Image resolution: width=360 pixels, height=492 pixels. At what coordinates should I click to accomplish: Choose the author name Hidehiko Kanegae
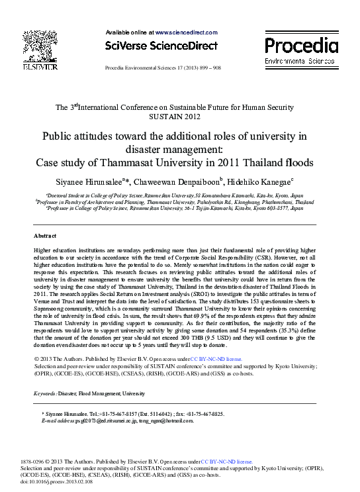click(263, 181)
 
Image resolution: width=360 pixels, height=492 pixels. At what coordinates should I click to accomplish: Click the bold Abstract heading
click(46, 236)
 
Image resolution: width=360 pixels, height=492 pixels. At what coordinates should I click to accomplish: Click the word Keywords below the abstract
click(45, 394)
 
